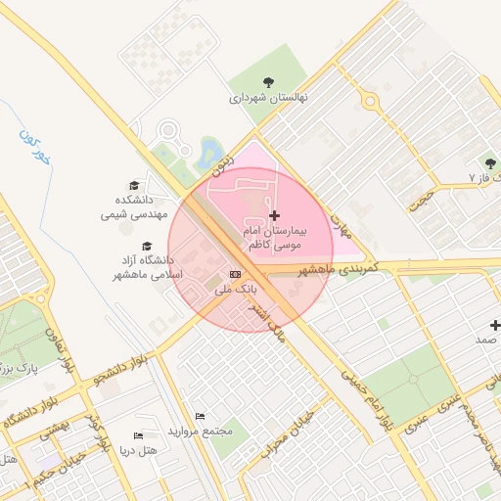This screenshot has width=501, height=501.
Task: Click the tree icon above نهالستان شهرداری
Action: (268, 81)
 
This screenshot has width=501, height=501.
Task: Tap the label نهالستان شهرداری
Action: (268, 99)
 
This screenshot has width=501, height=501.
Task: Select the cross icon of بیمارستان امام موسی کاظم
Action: (273, 214)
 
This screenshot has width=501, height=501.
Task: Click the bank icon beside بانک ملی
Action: (235, 275)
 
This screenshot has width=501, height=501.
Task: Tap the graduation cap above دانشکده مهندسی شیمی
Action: (134, 184)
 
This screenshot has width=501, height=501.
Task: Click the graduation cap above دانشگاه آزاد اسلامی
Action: (147, 247)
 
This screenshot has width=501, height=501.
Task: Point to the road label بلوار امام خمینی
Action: (369, 393)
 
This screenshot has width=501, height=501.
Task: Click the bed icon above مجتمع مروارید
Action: (201, 417)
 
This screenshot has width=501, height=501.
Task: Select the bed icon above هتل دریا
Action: (137, 435)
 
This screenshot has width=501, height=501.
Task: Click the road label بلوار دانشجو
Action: (119, 368)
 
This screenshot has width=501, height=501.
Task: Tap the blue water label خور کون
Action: (32, 146)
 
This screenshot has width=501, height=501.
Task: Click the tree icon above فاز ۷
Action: (488, 162)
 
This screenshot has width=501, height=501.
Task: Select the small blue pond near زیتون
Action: (208, 151)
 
